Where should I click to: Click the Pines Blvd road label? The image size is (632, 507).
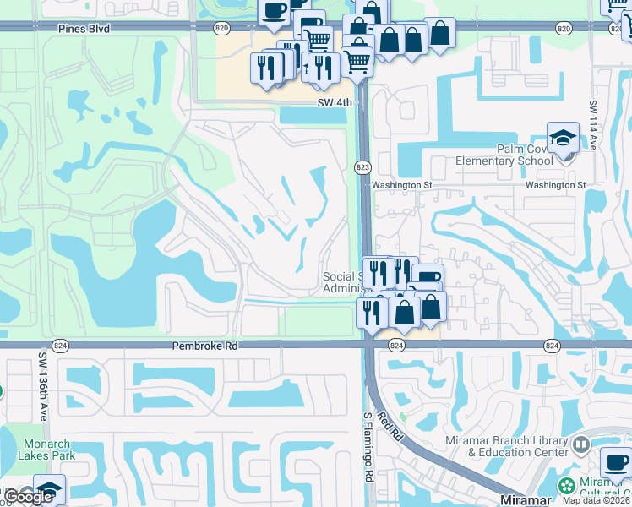click(x=84, y=28)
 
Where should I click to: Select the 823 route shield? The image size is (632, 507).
click(x=362, y=167)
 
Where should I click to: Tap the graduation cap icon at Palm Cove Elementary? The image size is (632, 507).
click(x=562, y=137)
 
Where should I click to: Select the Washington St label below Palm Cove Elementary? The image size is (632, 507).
click(x=555, y=184)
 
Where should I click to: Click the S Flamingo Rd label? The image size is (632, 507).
click(x=368, y=447)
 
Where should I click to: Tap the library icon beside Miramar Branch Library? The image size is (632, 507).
click(x=581, y=444)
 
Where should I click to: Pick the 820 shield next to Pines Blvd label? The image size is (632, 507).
click(x=221, y=28)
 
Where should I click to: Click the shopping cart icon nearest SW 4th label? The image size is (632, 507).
click(x=357, y=62)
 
